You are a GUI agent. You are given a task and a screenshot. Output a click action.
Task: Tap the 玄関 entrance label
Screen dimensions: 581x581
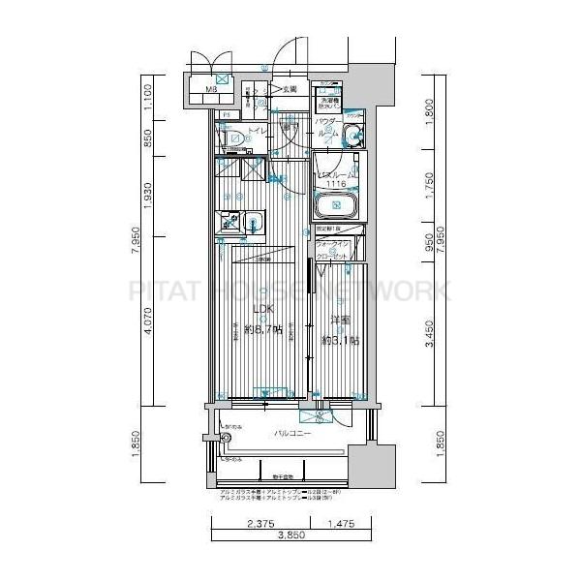pos(289,89)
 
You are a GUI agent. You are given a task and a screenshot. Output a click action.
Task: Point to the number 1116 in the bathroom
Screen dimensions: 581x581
pos(336,184)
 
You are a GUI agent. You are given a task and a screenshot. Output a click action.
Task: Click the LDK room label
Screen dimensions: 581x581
pos(262,310)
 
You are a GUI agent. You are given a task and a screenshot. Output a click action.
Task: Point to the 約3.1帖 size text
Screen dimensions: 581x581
pos(340,341)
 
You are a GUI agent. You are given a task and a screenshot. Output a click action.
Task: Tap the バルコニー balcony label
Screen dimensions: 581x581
pos(290,434)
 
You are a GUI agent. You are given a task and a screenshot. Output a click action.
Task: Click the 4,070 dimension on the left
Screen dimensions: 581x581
pos(148,326)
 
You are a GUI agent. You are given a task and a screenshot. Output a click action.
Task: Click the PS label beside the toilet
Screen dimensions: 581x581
pos(226,115)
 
